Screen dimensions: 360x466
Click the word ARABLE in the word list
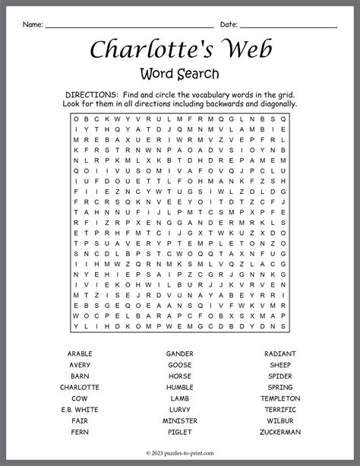[x=80, y=353]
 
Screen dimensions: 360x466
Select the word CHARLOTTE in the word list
[x=80, y=387]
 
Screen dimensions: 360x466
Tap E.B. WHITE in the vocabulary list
[x=80, y=410]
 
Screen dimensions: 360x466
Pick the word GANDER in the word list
[x=180, y=353]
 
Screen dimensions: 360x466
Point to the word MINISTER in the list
[x=180, y=420]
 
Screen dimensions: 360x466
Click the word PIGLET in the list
[x=180, y=432]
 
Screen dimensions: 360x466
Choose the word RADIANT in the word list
[x=280, y=353]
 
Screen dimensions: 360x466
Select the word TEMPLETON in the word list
[x=280, y=398]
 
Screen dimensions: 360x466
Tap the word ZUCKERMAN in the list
[x=280, y=432]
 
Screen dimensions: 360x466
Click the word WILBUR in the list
[x=280, y=420]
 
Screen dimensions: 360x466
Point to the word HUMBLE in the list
[x=180, y=387]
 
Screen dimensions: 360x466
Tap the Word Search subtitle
[x=180, y=74]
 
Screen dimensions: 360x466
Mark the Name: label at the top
[x=33, y=24]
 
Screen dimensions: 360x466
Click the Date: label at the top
[x=229, y=24]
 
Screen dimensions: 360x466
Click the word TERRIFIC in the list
[x=280, y=410]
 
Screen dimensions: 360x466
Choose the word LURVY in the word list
[x=180, y=410]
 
